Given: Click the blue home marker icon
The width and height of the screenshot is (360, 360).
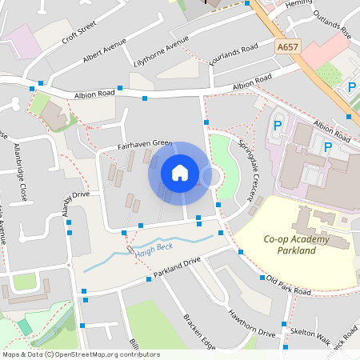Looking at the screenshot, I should tap(180, 172).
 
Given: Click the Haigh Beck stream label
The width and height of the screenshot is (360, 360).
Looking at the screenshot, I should tap(154, 249).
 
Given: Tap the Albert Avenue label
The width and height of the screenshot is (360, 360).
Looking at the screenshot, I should tap(105, 54).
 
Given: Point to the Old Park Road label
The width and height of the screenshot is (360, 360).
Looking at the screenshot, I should tap(288, 286).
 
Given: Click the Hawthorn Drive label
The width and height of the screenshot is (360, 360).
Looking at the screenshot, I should tap(252, 322).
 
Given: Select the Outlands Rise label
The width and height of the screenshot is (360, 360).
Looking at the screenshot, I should tap(333, 24).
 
